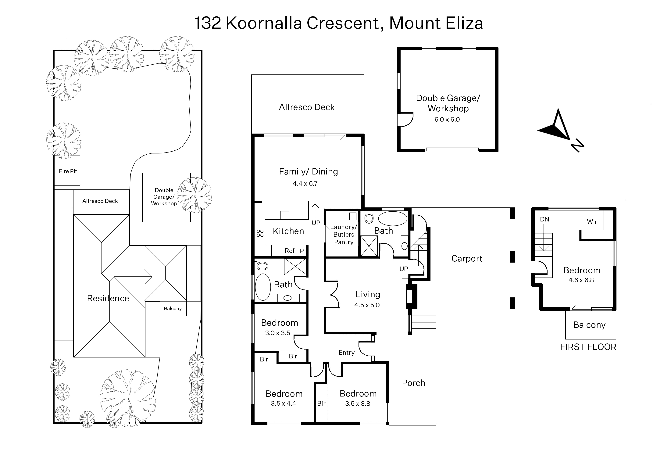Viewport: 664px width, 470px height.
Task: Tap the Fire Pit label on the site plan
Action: tap(68, 171)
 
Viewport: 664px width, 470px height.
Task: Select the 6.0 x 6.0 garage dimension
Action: tap(447, 120)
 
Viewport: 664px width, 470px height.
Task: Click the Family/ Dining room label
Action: tap(308, 172)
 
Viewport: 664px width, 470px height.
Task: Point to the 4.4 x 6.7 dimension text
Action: tap(305, 184)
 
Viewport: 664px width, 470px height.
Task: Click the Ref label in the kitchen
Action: tap(290, 251)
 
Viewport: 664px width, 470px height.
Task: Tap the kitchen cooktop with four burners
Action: tap(260, 233)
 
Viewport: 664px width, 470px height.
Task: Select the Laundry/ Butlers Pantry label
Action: tap(344, 234)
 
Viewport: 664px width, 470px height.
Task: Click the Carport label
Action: tap(467, 258)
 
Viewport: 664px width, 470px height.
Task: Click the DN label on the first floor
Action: tap(544, 219)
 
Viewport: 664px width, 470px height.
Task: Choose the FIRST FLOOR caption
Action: tap(588, 347)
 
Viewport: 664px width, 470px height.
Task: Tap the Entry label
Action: tap(347, 353)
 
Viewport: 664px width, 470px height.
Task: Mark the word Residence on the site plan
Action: tap(108, 298)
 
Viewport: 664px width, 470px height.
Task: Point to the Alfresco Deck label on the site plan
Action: tap(100, 201)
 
